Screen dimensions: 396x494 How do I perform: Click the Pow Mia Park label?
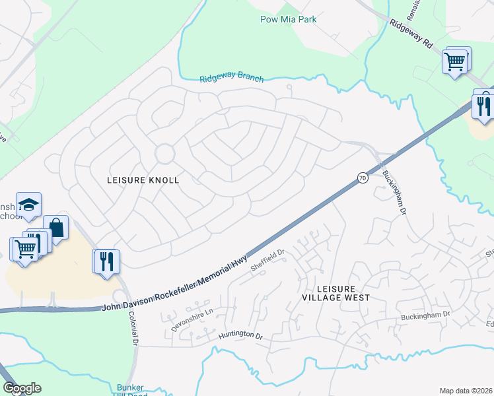click(x=288, y=19)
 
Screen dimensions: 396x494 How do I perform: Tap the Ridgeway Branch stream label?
click(x=232, y=79)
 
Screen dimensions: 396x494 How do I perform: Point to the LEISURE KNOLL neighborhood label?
click(x=143, y=180)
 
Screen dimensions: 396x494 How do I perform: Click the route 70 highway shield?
click(x=362, y=178)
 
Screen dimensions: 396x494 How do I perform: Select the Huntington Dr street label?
click(x=240, y=335)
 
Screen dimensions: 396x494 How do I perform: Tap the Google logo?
click(x=22, y=388)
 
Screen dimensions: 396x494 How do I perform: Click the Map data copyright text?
click(x=466, y=391)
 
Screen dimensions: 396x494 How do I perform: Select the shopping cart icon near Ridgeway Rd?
click(x=455, y=61)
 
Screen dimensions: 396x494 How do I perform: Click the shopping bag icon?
click(x=56, y=228)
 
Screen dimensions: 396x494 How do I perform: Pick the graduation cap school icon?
click(x=29, y=204)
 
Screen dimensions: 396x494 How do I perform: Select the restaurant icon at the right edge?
click(x=483, y=105)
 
